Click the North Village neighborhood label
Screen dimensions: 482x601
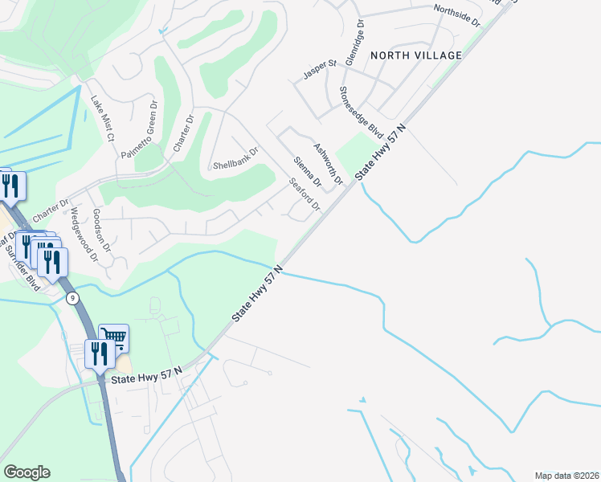pos(416,55)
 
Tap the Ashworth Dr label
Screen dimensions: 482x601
pos(328,161)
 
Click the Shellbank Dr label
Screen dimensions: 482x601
pos(235,159)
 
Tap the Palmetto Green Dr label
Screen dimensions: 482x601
pos(137,130)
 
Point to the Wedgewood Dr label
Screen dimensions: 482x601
pos(84,235)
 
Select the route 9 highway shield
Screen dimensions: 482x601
pos(73,298)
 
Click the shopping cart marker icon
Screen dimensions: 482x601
pos(113,338)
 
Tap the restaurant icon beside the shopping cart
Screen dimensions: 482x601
pos(98,353)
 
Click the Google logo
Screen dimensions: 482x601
pos(27,472)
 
